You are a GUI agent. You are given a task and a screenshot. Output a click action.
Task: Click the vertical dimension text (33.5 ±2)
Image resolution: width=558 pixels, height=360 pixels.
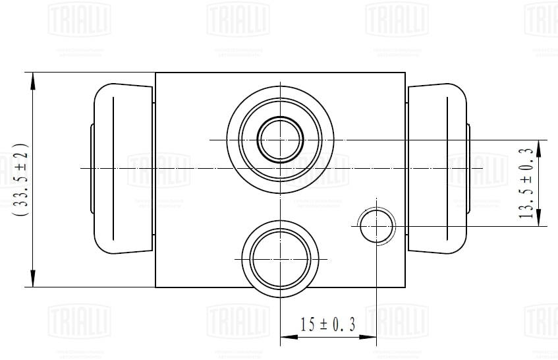click(20, 179)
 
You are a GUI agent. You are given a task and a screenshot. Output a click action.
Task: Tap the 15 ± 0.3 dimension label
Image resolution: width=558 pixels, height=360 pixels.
click(327, 324)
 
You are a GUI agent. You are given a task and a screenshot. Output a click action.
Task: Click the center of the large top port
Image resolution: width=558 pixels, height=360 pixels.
click(281, 139)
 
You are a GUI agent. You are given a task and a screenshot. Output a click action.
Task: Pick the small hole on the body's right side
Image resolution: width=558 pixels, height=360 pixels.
click(376, 225)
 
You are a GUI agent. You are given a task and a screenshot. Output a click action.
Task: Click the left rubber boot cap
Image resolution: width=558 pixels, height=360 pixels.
click(123, 168)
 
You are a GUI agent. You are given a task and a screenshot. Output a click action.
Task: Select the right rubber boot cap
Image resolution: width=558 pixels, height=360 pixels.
click(437, 168)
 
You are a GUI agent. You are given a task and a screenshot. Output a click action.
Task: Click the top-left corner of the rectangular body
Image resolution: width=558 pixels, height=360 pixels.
click(155, 73)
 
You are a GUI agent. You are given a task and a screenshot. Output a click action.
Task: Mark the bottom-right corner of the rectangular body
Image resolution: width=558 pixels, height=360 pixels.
click(405, 287)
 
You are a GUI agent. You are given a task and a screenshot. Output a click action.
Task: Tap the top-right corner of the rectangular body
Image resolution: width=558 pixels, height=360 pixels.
click(405, 73)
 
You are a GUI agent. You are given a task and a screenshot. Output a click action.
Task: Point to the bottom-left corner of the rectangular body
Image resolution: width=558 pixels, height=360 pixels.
click(155, 287)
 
